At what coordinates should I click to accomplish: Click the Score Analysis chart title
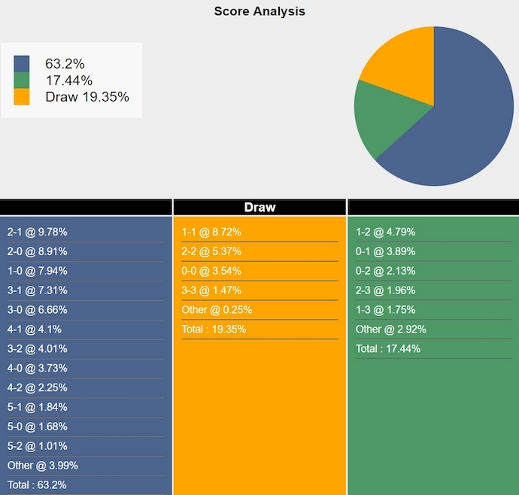pyautogui.click(x=259, y=11)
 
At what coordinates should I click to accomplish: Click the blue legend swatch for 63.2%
pyautogui.click(x=22, y=64)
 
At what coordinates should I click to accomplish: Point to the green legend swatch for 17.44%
pyautogui.click(x=22, y=80)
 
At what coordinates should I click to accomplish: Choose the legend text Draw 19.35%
pyautogui.click(x=87, y=97)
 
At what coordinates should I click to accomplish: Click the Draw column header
pyautogui.click(x=259, y=207)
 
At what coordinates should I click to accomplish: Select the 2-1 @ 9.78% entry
pyautogui.click(x=38, y=232)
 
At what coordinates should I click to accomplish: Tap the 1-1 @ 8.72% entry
pyautogui.click(x=211, y=232)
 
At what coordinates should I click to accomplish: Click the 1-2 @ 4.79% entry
pyautogui.click(x=386, y=232)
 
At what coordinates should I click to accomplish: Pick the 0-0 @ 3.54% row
pyautogui.click(x=211, y=271)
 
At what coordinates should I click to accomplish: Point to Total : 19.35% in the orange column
pyautogui.click(x=214, y=329)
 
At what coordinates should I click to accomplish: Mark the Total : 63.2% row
pyautogui.click(x=37, y=484)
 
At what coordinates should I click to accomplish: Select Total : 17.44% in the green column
pyautogui.click(x=388, y=348)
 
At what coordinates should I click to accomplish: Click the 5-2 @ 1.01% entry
pyautogui.click(x=38, y=445)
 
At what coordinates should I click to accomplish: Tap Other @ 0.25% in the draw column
pyautogui.click(x=217, y=310)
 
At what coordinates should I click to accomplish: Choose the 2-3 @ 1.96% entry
pyautogui.click(x=386, y=290)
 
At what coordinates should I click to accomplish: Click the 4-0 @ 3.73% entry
pyautogui.click(x=38, y=368)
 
